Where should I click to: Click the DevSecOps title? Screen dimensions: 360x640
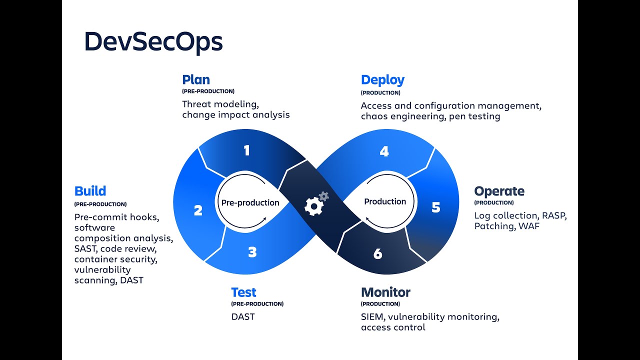point(153,41)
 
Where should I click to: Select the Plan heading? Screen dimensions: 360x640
point(196,80)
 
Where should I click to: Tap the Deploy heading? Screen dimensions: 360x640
point(382,80)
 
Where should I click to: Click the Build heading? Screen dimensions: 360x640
point(90,191)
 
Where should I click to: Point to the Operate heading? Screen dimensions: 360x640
point(499,191)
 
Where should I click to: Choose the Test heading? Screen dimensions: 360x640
point(243,292)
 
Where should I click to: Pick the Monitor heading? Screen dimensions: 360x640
point(385,292)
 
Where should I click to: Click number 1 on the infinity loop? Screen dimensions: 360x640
point(246,150)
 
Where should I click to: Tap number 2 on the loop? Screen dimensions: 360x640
point(198,210)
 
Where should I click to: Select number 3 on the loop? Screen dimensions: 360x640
point(252,252)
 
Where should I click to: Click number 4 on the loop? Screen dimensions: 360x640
point(384,151)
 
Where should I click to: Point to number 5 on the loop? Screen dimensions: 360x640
point(436,207)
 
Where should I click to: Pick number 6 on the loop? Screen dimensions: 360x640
point(377,254)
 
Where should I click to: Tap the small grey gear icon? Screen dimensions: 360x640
point(324,196)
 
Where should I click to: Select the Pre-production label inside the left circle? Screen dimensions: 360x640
point(250,202)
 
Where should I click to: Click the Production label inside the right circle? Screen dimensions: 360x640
point(385,201)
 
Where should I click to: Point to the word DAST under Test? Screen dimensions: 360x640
point(243,316)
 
